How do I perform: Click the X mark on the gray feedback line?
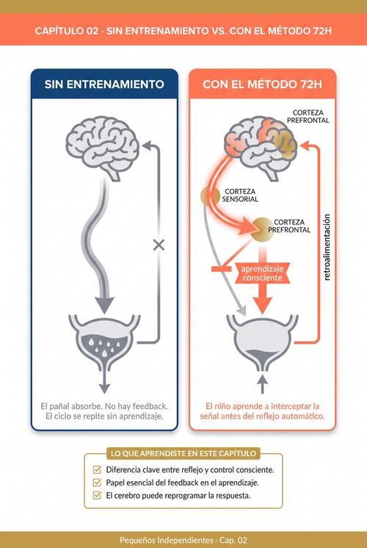tap(159, 246)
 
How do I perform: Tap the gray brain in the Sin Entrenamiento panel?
tap(103, 148)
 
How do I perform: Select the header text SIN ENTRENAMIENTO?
tap(104, 85)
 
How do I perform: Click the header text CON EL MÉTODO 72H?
tap(262, 85)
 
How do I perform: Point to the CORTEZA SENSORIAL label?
tap(240, 196)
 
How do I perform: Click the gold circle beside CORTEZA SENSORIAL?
tap(210, 196)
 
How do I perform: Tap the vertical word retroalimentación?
tap(327, 247)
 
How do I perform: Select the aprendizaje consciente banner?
tap(262, 274)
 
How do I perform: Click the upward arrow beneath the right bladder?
tap(263, 384)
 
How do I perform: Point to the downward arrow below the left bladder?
tap(104, 384)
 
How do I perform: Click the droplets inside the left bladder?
tap(104, 345)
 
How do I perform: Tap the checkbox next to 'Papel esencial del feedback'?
tap(97, 483)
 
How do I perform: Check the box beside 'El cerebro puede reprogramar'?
tap(97, 496)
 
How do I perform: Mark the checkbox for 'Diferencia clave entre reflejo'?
tap(97, 470)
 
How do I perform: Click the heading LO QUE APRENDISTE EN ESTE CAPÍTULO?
tap(183, 454)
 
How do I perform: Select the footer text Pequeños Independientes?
tap(167, 540)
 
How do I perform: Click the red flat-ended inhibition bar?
tap(221, 268)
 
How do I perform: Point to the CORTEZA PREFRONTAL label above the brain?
tap(308, 116)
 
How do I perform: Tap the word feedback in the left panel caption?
tap(150, 407)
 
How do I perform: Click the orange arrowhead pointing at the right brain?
tap(305, 146)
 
